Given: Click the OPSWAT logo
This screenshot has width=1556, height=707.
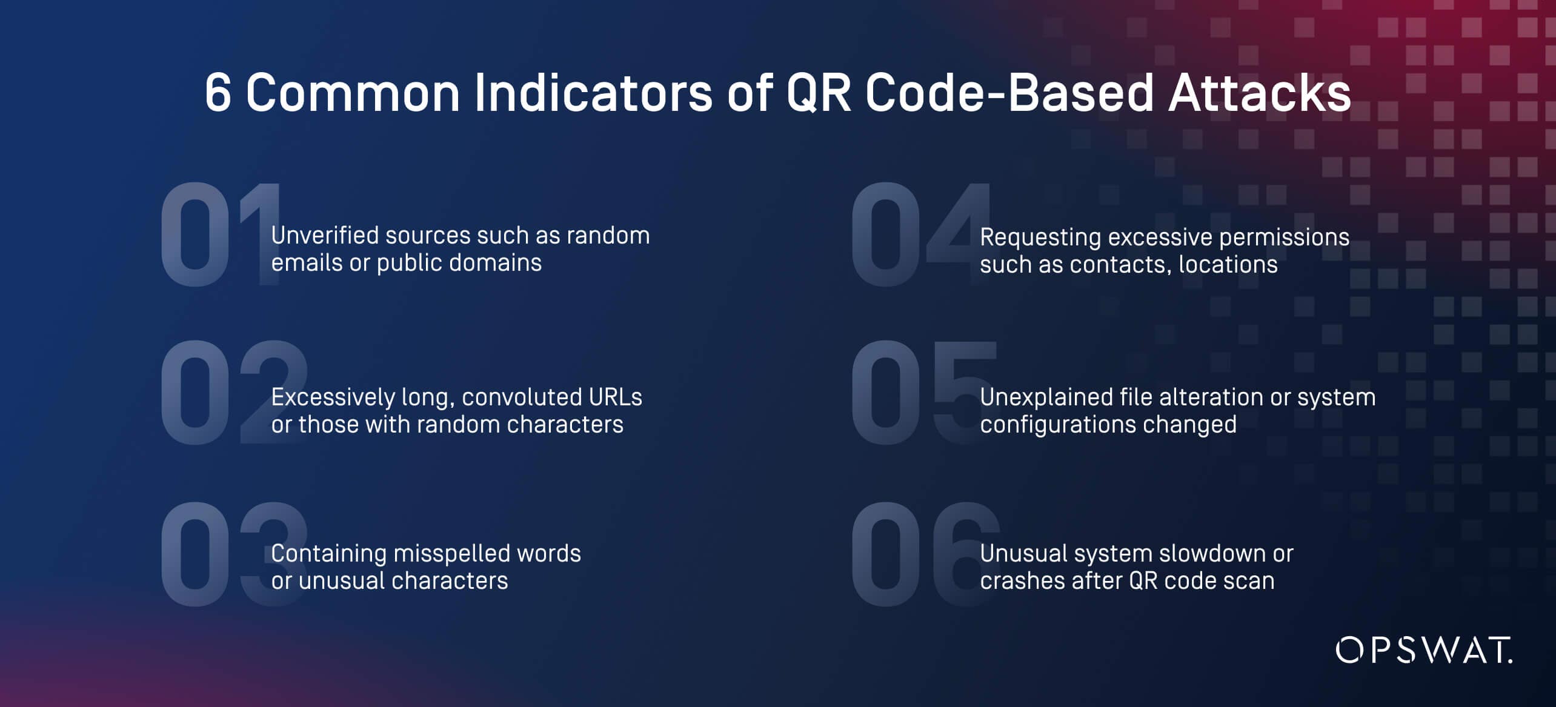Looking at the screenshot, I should coord(1423,650).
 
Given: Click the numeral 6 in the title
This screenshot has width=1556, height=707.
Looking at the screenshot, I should coord(218,93).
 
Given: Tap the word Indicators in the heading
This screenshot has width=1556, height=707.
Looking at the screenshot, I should coord(593,93).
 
